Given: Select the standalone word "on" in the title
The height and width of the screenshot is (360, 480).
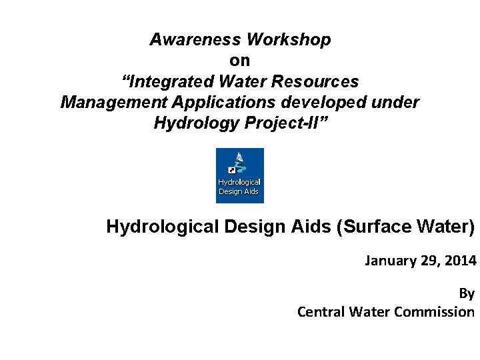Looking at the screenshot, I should pos(240,61).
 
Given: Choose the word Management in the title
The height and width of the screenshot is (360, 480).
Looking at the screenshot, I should pos(111,103).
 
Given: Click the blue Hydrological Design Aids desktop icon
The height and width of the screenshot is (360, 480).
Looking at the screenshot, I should pos(239,175).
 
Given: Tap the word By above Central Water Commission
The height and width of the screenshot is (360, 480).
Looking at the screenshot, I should pos(467,293).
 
